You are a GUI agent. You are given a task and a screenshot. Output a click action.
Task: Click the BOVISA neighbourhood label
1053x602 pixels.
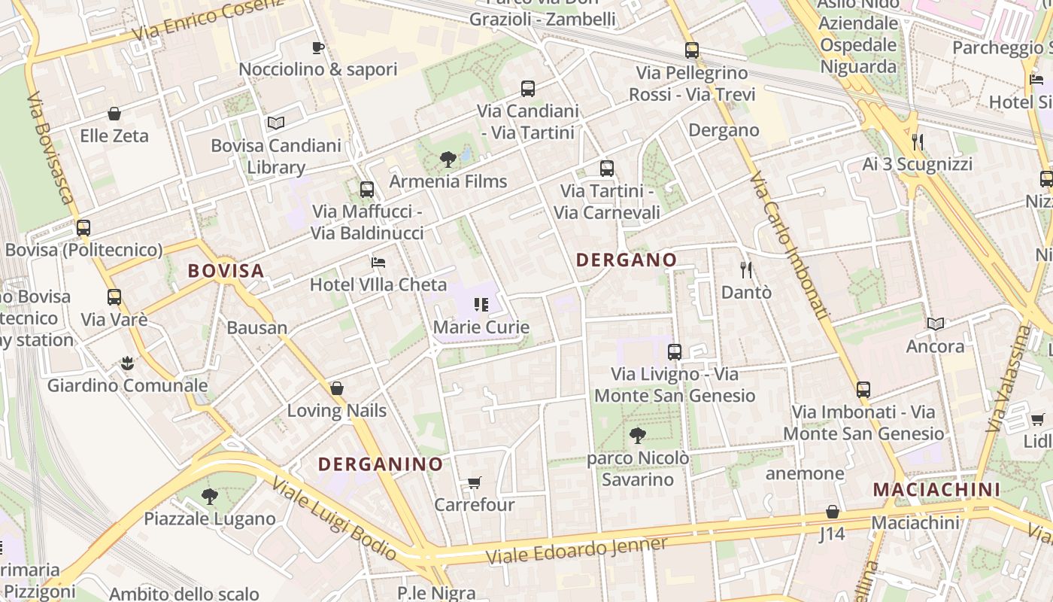click(226, 271)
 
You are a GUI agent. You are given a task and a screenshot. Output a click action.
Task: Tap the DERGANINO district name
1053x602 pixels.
click(380, 464)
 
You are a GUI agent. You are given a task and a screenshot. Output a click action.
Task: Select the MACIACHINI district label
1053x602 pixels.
click(936, 490)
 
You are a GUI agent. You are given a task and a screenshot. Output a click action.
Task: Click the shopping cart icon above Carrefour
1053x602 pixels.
click(474, 482)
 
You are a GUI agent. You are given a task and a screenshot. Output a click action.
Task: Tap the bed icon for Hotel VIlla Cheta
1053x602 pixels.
click(378, 263)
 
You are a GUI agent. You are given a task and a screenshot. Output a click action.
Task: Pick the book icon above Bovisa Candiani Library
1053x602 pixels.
click(276, 123)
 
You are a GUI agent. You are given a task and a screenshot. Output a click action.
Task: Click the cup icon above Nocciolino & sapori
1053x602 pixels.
click(318, 48)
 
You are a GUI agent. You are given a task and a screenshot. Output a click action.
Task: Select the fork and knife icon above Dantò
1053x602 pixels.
click(746, 269)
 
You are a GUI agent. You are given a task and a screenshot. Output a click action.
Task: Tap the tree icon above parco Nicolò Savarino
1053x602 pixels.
click(637, 435)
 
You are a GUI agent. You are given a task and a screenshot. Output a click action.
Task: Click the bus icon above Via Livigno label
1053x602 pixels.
click(675, 351)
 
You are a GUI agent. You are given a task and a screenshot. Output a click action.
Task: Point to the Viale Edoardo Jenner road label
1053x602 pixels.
click(577, 552)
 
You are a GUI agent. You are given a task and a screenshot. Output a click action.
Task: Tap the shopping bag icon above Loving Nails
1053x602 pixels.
click(337, 388)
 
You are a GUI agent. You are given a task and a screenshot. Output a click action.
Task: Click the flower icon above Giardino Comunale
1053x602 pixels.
click(127, 364)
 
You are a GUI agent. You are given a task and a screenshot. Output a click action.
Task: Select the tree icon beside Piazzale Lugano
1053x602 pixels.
click(210, 497)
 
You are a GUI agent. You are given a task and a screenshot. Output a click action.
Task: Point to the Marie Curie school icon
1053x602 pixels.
click(481, 305)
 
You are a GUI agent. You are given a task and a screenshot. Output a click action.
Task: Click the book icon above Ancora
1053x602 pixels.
click(935, 324)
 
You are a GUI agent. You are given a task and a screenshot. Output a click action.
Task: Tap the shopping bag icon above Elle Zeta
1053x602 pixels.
click(114, 114)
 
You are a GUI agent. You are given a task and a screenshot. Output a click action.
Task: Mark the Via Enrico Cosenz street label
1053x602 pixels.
click(207, 21)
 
